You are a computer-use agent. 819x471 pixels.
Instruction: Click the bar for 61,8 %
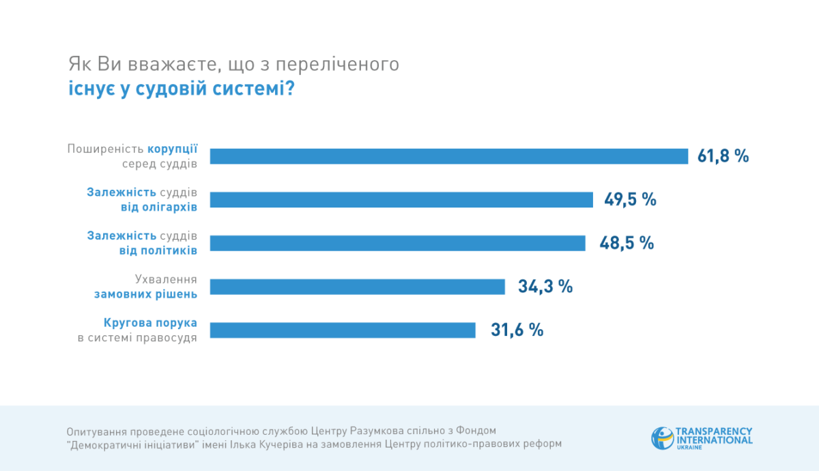coord(448,156)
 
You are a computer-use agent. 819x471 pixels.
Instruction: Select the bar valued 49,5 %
coord(401,199)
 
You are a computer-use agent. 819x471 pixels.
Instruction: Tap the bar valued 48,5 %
coord(397,243)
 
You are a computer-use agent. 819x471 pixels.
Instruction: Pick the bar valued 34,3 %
coord(357,287)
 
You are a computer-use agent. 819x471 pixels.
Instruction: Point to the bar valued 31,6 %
coord(343,330)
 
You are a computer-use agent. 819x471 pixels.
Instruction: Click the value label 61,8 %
coord(723,156)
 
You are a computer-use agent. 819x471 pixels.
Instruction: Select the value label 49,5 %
coord(630,199)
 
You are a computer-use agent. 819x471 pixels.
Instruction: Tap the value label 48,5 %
coord(627,243)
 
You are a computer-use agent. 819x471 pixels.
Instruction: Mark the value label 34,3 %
coord(545,287)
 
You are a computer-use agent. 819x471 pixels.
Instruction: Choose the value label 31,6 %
coord(517,330)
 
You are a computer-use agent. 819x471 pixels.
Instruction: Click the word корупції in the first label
coord(173,149)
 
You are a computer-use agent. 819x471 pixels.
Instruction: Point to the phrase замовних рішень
coord(146,294)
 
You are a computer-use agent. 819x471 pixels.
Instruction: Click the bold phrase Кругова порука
coord(151,322)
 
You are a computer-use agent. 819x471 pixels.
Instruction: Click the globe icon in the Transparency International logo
coord(661,438)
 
